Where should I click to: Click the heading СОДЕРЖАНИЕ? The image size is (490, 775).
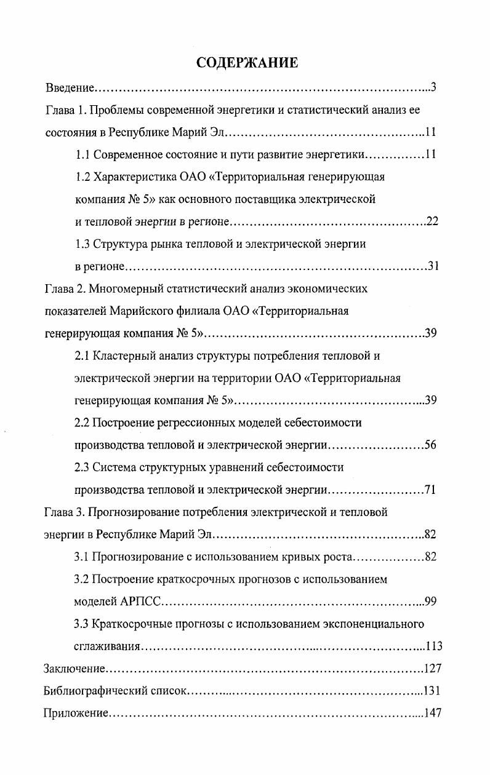click(x=247, y=63)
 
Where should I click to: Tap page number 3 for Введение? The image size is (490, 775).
click(x=433, y=87)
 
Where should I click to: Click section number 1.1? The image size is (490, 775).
click(x=83, y=154)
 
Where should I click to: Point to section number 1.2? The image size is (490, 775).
click(x=83, y=177)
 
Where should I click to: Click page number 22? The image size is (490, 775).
click(x=432, y=221)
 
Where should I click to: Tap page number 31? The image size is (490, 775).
click(x=432, y=266)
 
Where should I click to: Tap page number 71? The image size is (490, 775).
click(x=430, y=490)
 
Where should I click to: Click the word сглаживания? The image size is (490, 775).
click(x=108, y=646)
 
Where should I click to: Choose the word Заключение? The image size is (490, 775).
click(x=73, y=669)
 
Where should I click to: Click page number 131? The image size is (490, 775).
click(x=432, y=691)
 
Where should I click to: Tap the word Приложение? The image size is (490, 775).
click(x=76, y=713)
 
